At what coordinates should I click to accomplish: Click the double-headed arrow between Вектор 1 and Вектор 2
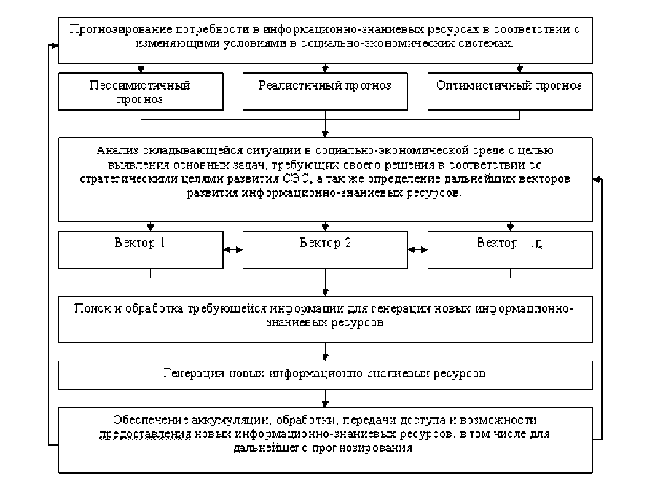pyautogui.click(x=232, y=250)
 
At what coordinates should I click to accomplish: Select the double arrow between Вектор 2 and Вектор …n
pyautogui.click(x=417, y=250)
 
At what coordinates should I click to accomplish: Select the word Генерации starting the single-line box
pyautogui.click(x=192, y=374)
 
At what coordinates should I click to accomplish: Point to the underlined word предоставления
pyautogui.click(x=145, y=434)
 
